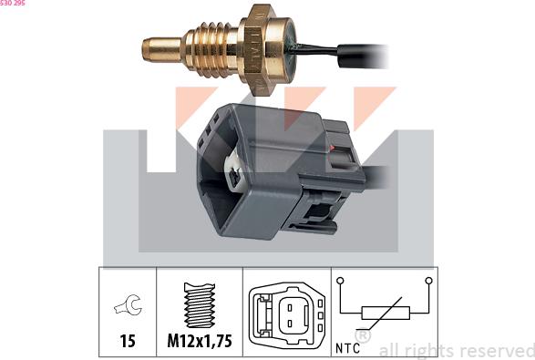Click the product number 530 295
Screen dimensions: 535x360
tap(12, 3)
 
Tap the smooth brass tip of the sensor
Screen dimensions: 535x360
tap(161, 50)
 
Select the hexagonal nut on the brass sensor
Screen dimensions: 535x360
tap(260, 50)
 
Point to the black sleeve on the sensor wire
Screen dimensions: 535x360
tap(363, 57)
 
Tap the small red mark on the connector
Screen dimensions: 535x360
tap(332, 148)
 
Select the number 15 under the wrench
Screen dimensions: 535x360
tap(128, 341)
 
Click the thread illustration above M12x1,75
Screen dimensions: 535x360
tap(200, 305)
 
